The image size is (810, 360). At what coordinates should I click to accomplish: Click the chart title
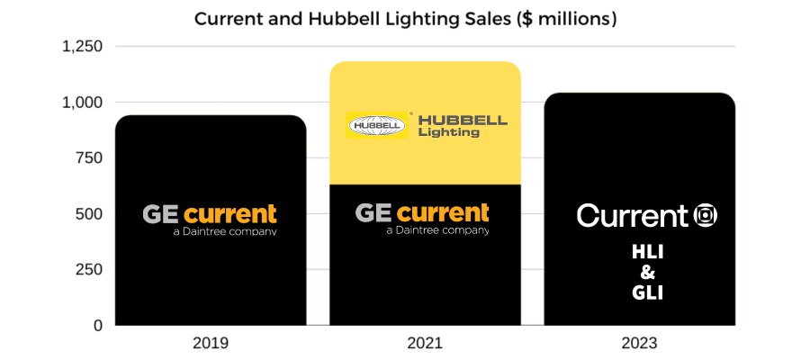405,18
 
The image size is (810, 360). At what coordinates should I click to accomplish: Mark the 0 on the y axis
97,326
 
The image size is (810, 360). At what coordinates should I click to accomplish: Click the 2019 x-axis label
211,344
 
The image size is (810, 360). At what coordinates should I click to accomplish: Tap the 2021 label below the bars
425,344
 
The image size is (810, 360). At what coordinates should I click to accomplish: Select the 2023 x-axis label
639,344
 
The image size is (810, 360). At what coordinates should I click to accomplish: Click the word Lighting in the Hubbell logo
448,132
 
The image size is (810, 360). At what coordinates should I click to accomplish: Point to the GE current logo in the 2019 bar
210,219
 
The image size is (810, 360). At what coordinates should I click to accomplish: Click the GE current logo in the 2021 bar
423,217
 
